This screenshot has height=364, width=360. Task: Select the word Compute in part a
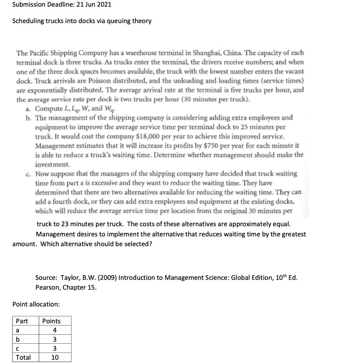pyautogui.click(x=48, y=108)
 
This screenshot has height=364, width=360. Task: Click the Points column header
pyautogui.click(x=51, y=321)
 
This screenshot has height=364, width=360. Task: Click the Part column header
pyautogui.click(x=22, y=321)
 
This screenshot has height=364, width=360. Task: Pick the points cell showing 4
pyautogui.click(x=55, y=330)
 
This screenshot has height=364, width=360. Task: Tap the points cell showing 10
pyautogui.click(x=55, y=357)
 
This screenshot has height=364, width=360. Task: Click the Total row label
pyautogui.click(x=23, y=357)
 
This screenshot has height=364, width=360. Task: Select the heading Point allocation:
pyautogui.click(x=36, y=304)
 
